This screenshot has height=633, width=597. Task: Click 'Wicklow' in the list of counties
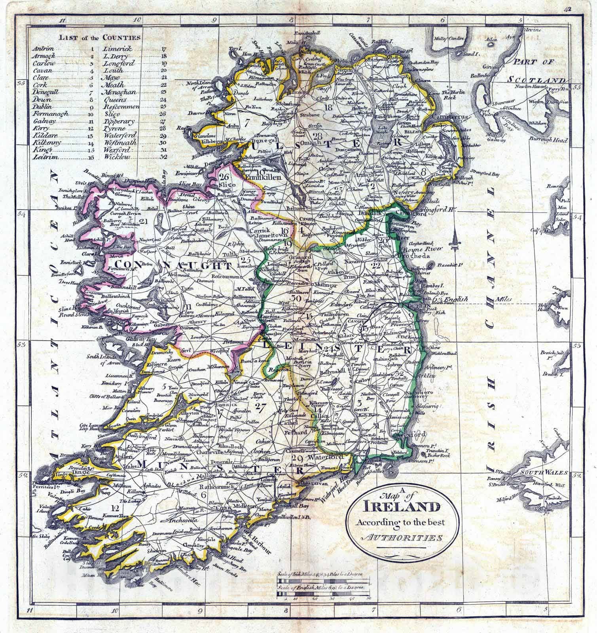[x=115, y=157]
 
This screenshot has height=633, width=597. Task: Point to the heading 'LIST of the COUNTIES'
[x=100, y=38]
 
